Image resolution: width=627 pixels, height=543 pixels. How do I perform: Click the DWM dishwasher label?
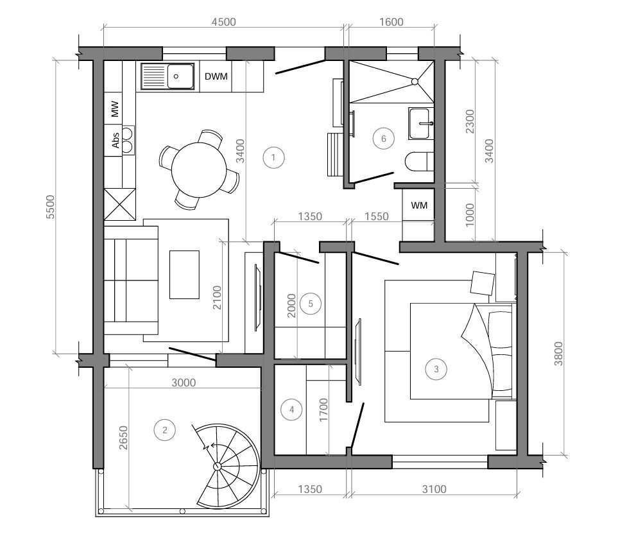[x=216, y=76]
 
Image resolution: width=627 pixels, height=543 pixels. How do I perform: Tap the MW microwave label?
[x=115, y=108]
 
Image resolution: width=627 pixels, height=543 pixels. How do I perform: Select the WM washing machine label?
[x=419, y=205]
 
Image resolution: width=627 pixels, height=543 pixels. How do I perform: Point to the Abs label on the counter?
[x=116, y=141]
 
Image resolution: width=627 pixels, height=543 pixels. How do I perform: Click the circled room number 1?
[x=273, y=157]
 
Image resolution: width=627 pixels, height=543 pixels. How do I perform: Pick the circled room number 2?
[x=165, y=430]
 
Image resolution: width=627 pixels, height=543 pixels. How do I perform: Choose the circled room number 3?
[x=436, y=368]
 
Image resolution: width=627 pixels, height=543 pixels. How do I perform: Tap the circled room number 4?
[x=291, y=409]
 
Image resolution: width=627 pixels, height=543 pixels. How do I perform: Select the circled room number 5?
[x=311, y=304]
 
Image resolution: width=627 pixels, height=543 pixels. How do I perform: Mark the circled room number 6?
[x=384, y=139]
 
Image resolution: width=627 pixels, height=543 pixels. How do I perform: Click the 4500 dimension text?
[x=223, y=22]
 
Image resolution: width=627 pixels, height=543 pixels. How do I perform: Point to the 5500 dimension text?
[x=51, y=207]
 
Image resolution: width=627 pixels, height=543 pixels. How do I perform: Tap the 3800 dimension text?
[x=558, y=354]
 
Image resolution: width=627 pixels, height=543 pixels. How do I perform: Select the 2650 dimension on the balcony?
[x=123, y=438]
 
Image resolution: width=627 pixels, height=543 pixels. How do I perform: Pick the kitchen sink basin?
[x=180, y=76]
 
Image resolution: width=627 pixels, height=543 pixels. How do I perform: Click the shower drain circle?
[x=415, y=82]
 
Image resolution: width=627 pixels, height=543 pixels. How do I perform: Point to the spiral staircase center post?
[x=217, y=466]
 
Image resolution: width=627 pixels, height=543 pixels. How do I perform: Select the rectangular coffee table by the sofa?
[x=184, y=275]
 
